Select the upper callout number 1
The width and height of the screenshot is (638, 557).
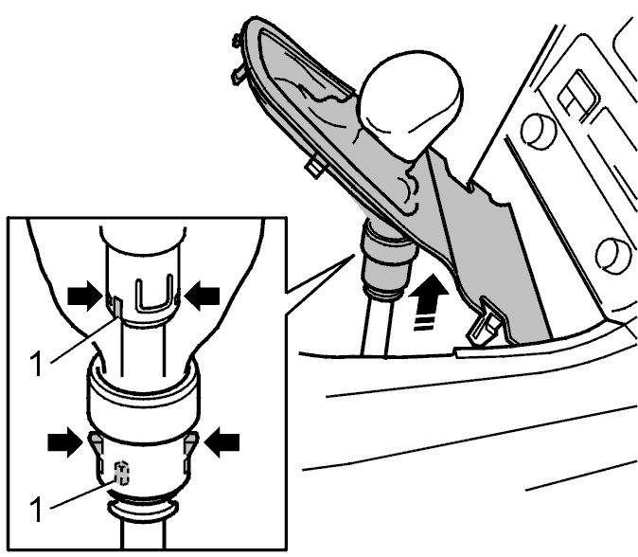tap(37, 364)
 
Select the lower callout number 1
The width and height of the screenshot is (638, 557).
tap(37, 509)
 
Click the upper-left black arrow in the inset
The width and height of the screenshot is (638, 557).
tap(84, 295)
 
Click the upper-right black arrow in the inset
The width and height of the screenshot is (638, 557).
tap(202, 294)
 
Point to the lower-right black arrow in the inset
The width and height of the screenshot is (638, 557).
tap(222, 441)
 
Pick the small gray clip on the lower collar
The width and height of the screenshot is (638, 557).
tap(121, 473)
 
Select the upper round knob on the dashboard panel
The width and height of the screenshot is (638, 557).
tap(538, 130)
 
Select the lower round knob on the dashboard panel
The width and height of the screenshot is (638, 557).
tap(614, 256)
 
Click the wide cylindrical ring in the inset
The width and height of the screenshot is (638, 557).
tap(143, 397)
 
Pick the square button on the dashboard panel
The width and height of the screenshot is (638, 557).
tap(577, 98)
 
